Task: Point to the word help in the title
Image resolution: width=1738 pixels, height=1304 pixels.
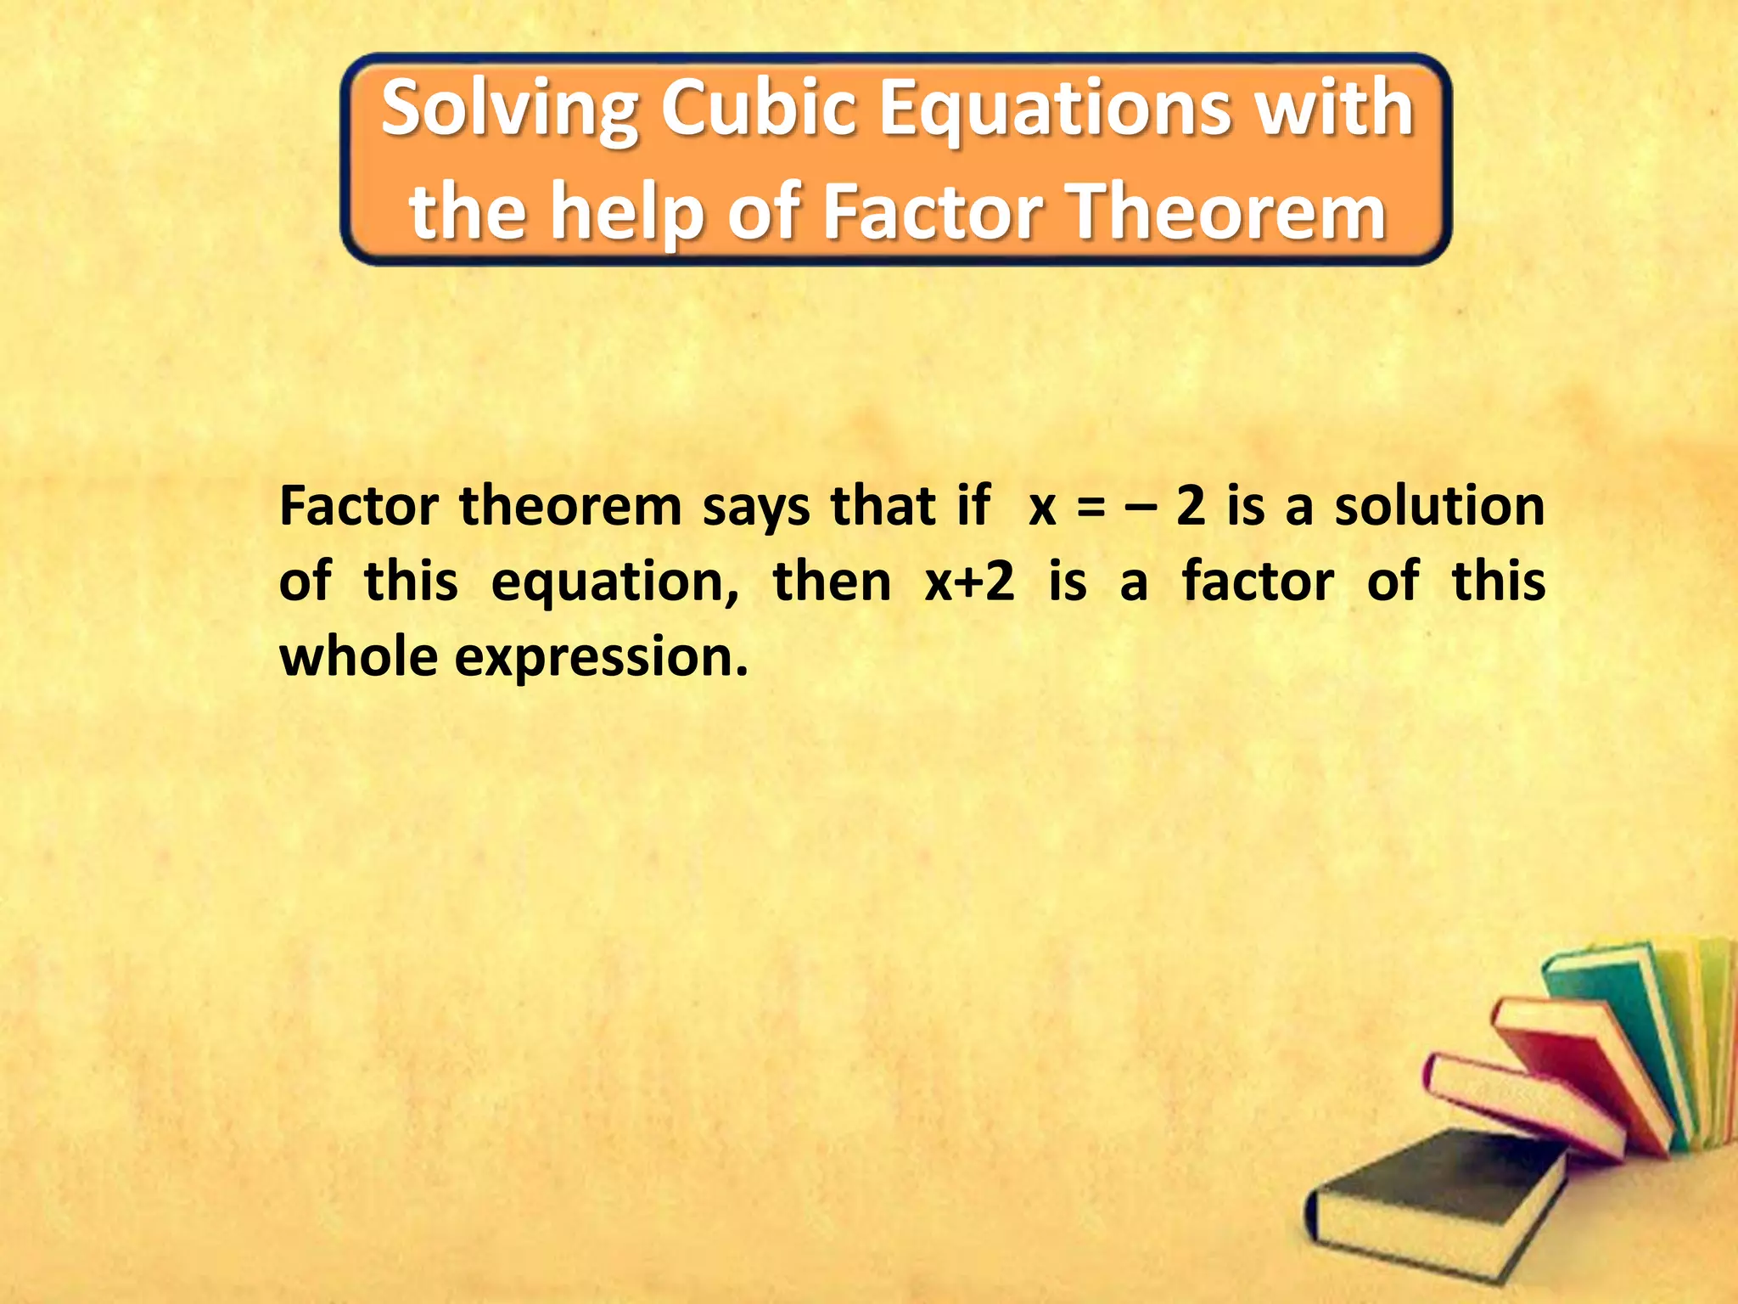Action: coord(626,212)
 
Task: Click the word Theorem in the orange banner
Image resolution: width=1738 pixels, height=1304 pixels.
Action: coord(1227,212)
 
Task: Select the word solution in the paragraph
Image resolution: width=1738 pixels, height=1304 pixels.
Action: coord(1439,506)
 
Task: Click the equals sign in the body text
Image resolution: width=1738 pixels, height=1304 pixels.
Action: coord(1091,508)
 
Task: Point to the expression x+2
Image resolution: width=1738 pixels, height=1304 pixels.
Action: coord(969,582)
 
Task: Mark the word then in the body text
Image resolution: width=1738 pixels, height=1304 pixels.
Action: coord(832,582)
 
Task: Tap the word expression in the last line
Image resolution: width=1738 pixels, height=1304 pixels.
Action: coord(602,659)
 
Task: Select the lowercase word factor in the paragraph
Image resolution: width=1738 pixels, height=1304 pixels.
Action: coord(1258,582)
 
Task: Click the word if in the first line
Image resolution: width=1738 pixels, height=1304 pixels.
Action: coord(973,506)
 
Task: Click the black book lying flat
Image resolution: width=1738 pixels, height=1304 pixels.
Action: coord(1434,1197)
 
